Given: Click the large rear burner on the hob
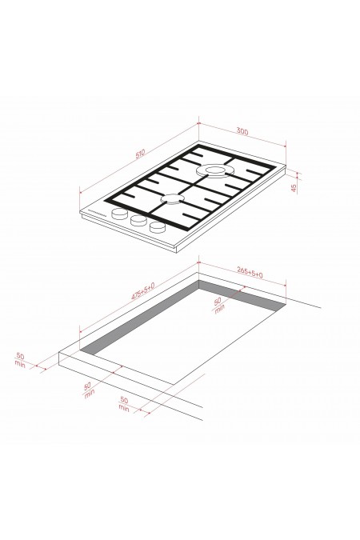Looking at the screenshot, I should pos(214,170).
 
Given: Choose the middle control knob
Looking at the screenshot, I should pos(138,221).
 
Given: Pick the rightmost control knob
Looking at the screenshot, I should pos(157,228).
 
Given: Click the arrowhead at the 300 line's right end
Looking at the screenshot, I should pos(286,145).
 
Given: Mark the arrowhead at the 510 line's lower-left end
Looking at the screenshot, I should pos(80,190).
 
